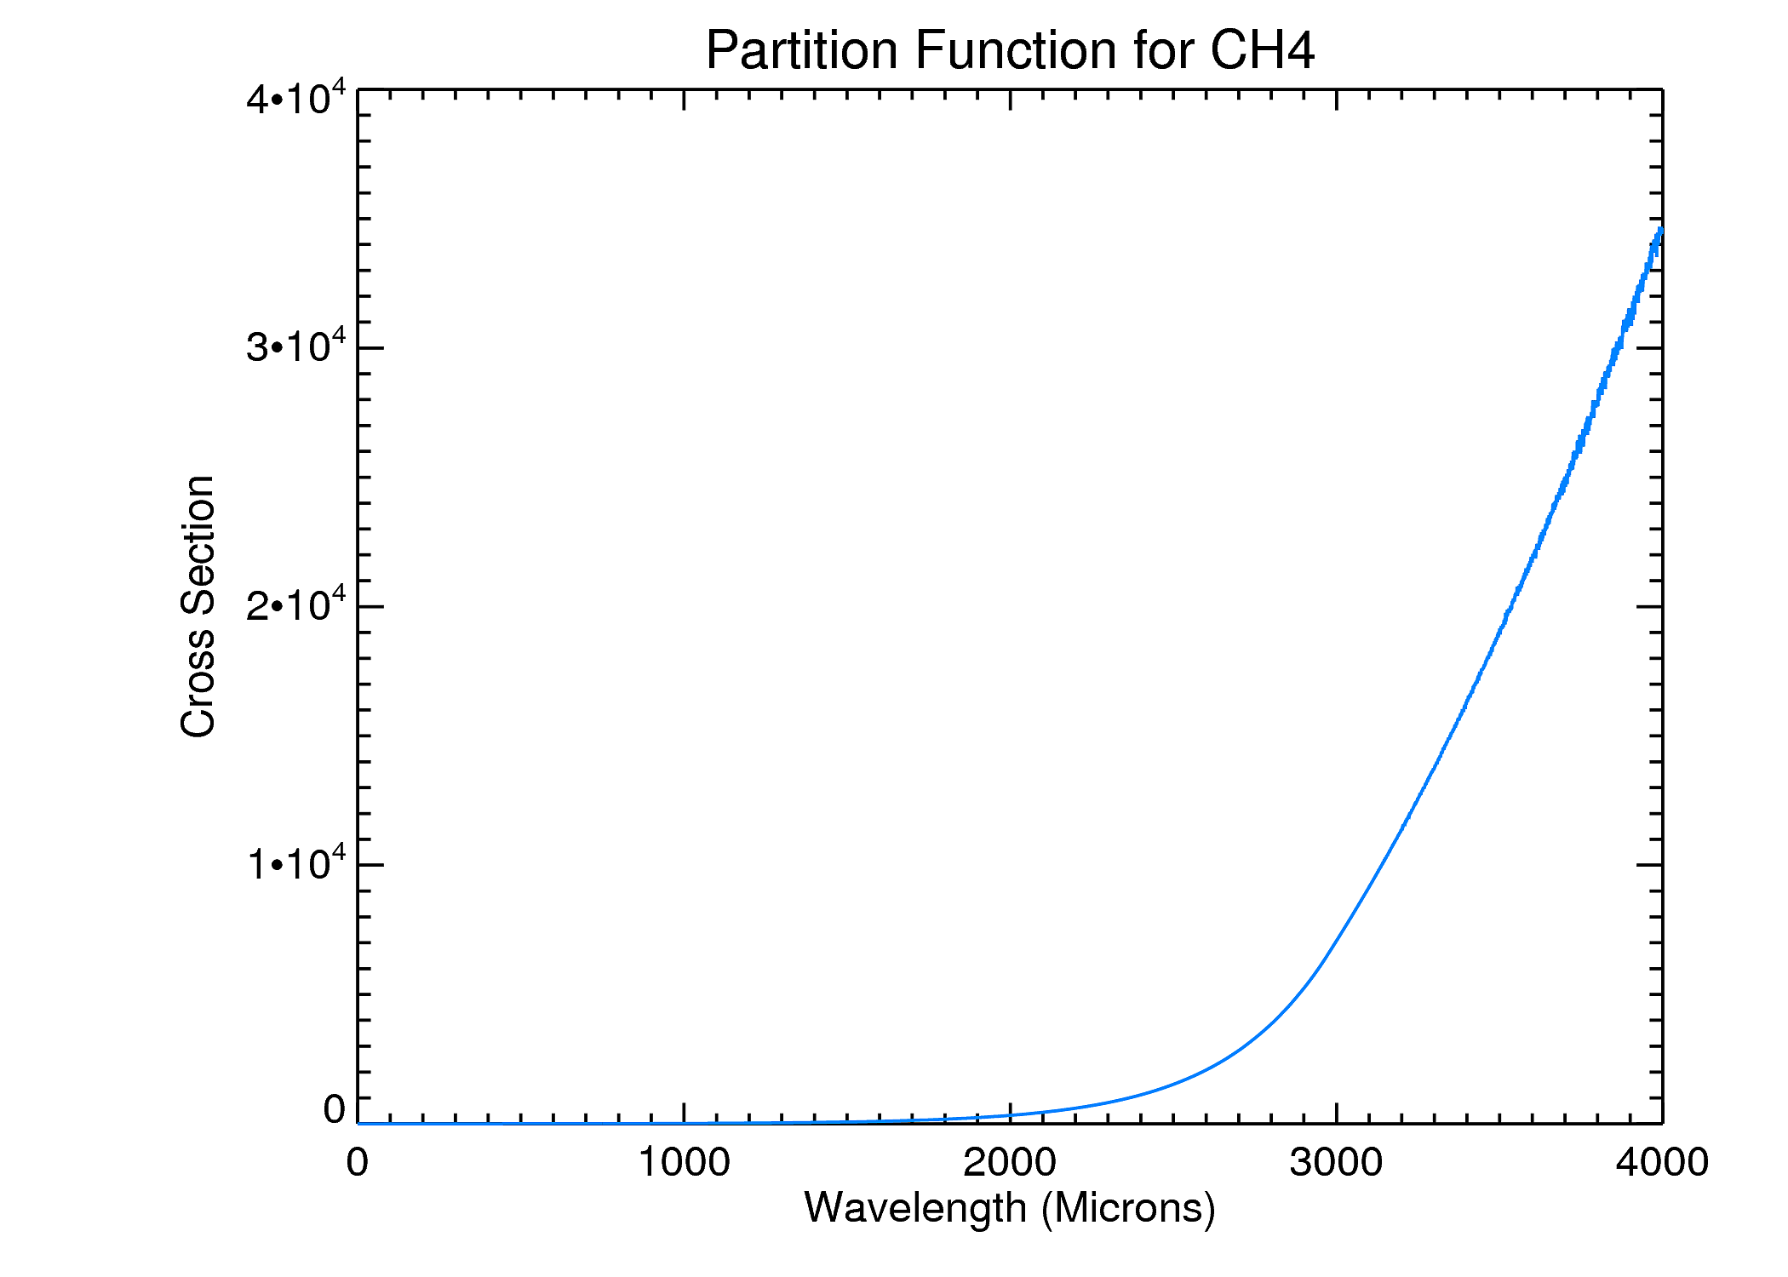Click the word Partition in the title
pos(803,50)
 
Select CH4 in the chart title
pos(1262,50)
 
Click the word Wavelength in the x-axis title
pos(915,1208)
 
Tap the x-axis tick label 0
pos(358,1162)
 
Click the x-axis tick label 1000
pos(684,1162)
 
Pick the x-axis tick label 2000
pos(1010,1162)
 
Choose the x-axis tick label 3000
pos(1336,1162)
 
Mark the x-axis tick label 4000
pos(1662,1162)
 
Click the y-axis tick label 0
pos(335,1109)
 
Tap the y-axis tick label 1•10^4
pos(296,862)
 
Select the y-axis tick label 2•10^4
pos(296,604)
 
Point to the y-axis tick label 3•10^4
pos(296,345)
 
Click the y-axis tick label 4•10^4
pos(296,97)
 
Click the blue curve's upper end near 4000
pos(1659,232)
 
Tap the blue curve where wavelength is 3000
pos(1336,942)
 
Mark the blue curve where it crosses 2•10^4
pos(1508,606)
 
